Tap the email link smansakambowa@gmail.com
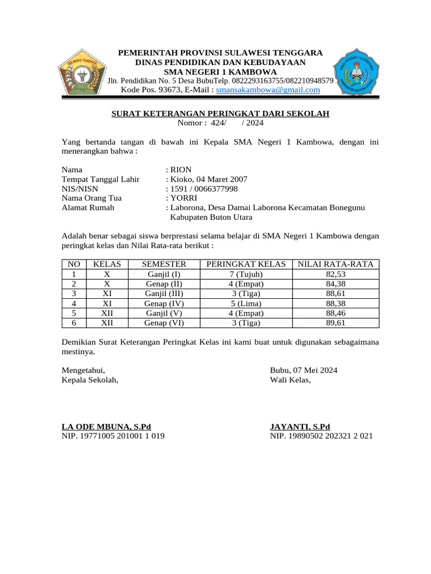coord(268,90)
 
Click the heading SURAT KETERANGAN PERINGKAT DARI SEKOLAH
coord(220,114)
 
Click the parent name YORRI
coord(183,198)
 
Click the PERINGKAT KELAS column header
coord(246,248)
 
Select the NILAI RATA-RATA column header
coord(336,248)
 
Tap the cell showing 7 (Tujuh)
coord(246,258)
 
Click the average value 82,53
coord(336,258)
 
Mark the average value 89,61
coord(336,323)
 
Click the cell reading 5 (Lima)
coord(246,303)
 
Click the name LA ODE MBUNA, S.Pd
coord(106,427)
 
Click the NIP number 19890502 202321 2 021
coord(321,436)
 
